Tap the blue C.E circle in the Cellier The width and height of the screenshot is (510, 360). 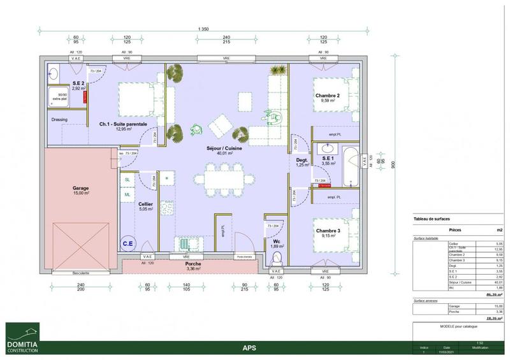pyautogui.click(x=128, y=242)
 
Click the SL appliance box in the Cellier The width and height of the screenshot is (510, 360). pyautogui.click(x=127, y=181)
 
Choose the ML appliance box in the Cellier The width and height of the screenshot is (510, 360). pyautogui.click(x=127, y=194)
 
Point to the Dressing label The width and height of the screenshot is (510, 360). pyautogui.click(x=59, y=119)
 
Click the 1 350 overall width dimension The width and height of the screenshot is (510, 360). pyautogui.click(x=203, y=29)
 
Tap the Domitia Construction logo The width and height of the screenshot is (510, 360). pyautogui.click(x=22, y=338)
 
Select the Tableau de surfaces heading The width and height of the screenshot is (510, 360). pyautogui.click(x=432, y=219)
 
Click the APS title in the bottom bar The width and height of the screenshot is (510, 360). pyautogui.click(x=250, y=348)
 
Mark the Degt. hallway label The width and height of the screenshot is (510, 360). pyautogui.click(x=301, y=161)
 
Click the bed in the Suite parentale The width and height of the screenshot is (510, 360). pyautogui.click(x=136, y=100)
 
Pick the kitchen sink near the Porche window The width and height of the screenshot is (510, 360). pyautogui.click(x=184, y=244)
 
